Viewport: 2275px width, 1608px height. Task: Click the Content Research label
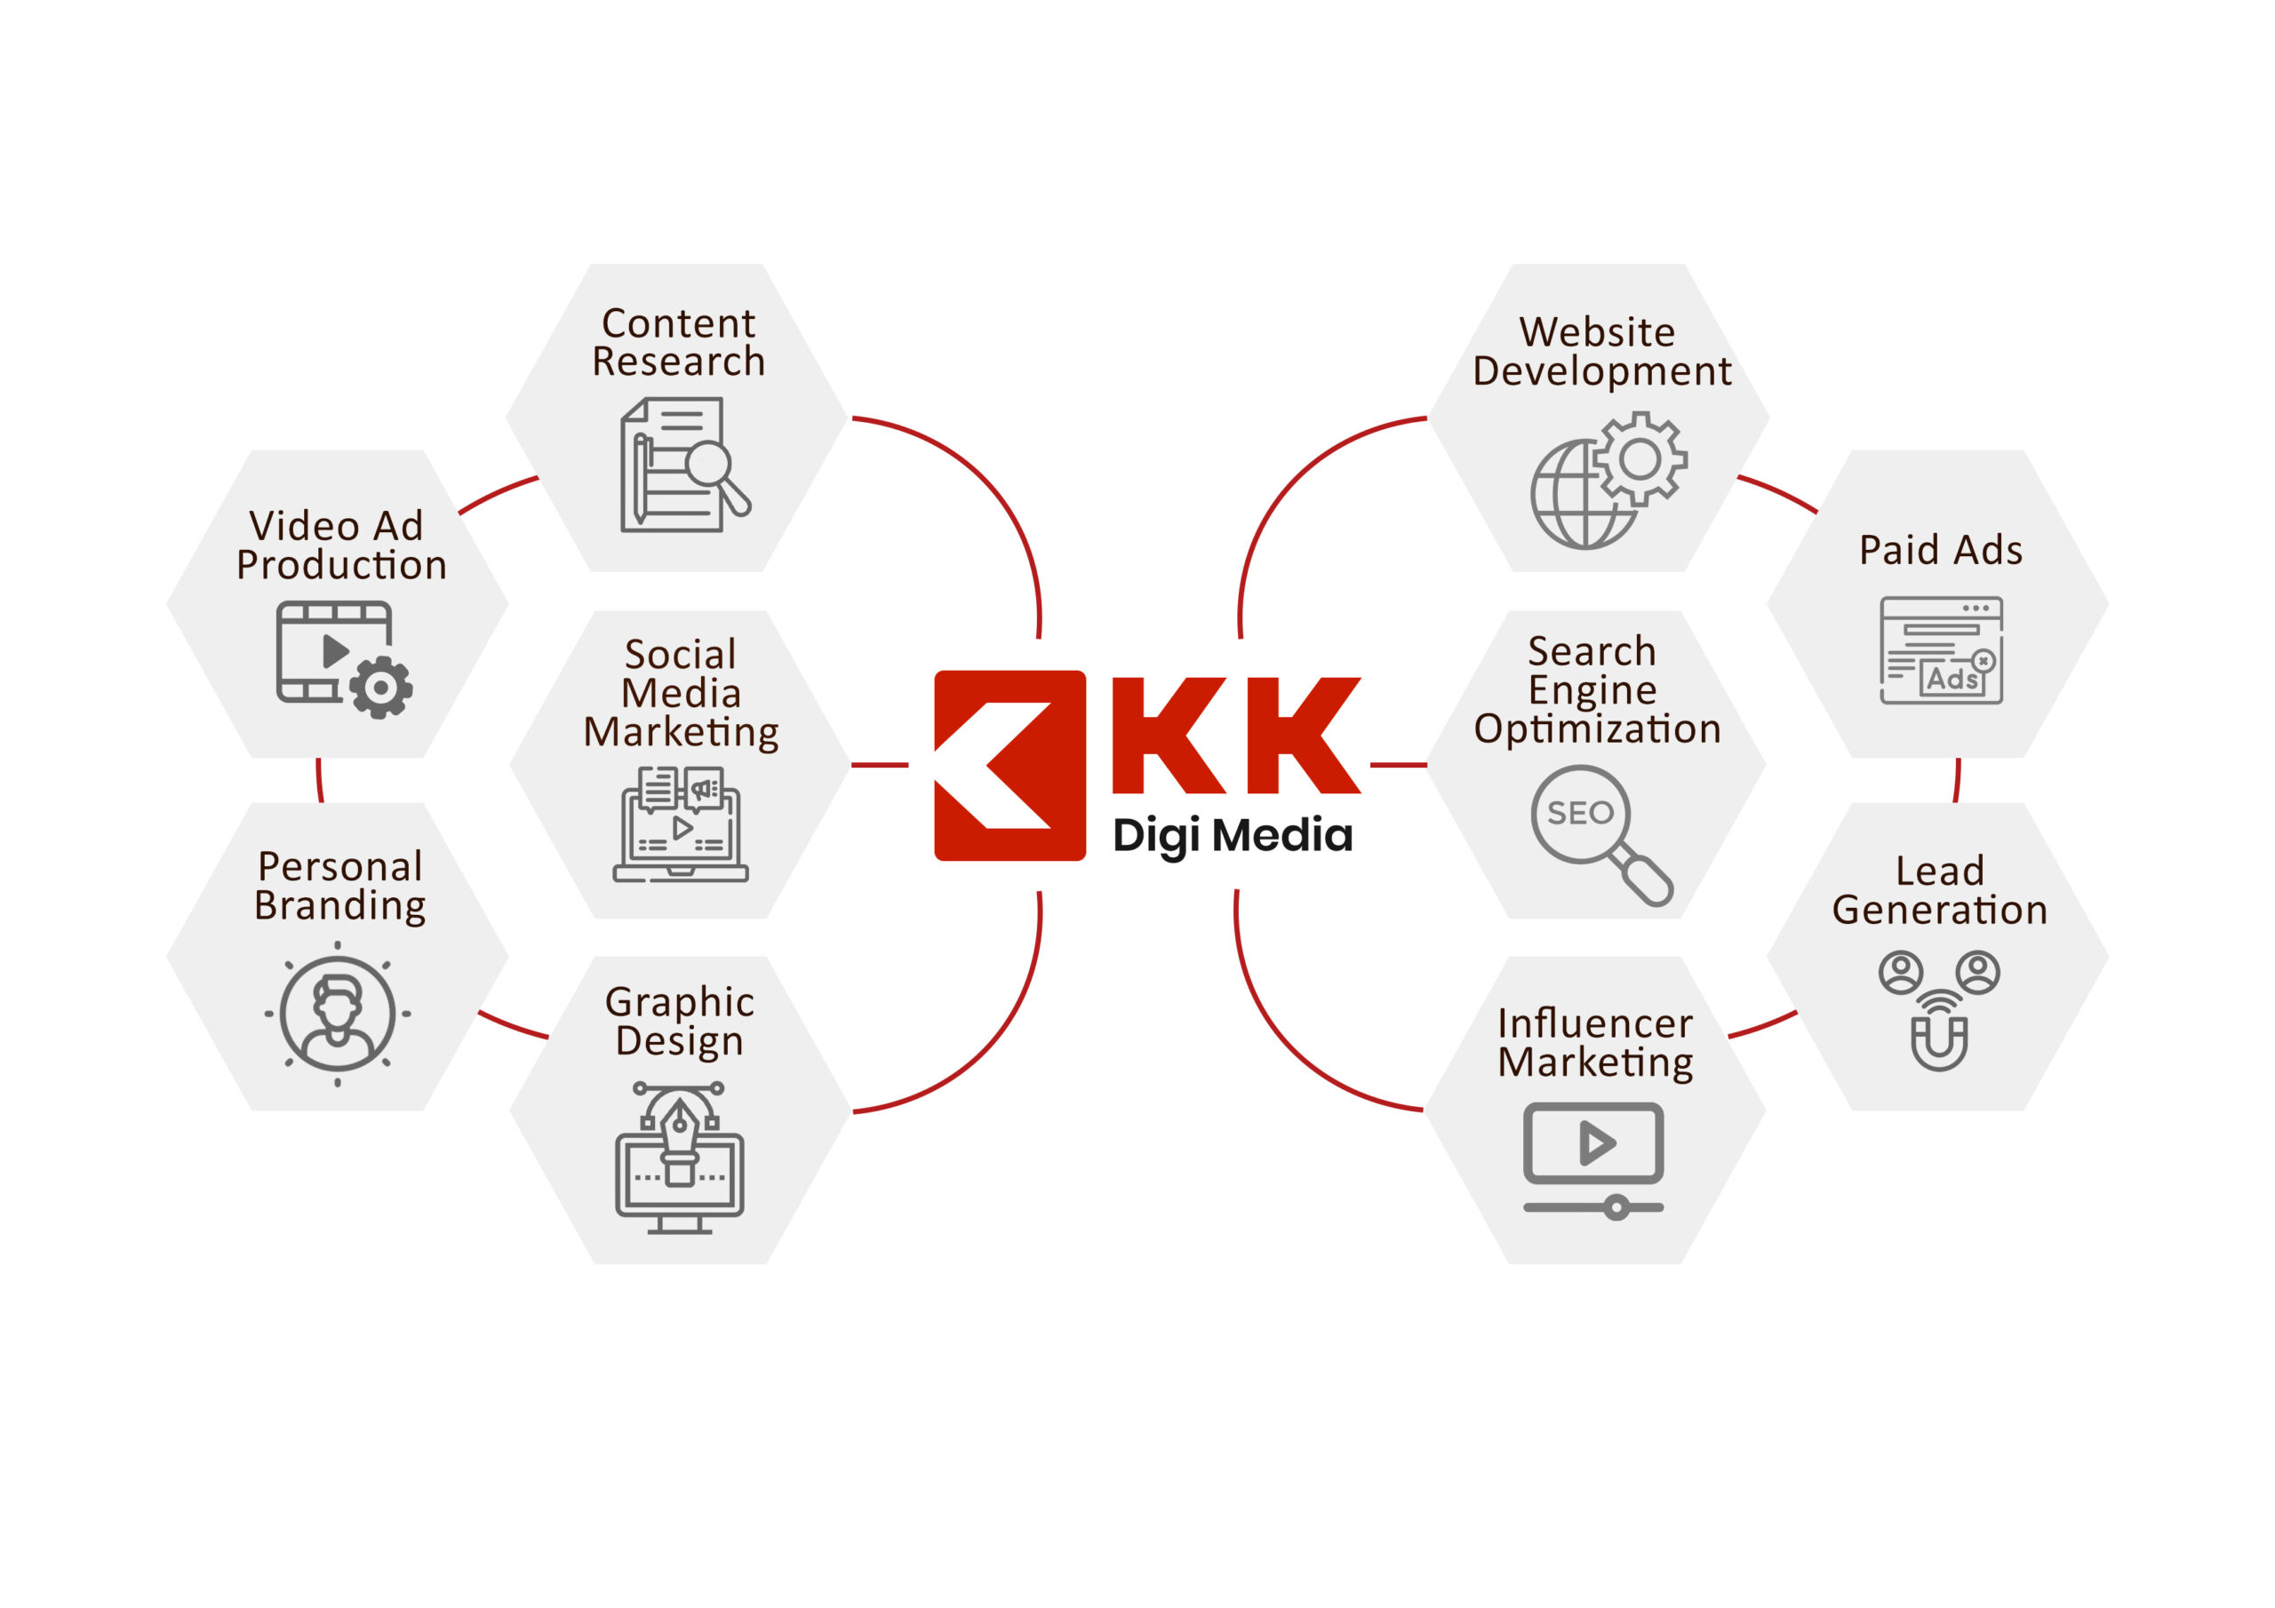[x=679, y=342]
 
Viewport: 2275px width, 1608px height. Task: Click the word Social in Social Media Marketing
[x=681, y=655]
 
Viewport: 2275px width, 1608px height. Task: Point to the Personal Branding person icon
[x=338, y=1014]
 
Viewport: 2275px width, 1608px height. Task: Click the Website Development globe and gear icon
[x=1608, y=482]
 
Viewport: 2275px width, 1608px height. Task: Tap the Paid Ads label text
[x=1940, y=550]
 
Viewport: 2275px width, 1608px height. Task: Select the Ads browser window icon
[x=1941, y=651]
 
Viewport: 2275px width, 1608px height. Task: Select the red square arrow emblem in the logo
[x=1010, y=765]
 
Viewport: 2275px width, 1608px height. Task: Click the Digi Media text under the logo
[x=1232, y=835]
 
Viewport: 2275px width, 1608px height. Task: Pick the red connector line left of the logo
[x=879, y=765]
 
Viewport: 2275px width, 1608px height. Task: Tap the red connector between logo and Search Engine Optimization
[x=1398, y=765]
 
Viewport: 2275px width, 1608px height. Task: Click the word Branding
[x=339, y=906]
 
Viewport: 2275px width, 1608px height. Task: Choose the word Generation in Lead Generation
[x=1939, y=911]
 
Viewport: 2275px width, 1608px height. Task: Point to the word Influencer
[x=1594, y=1023]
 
